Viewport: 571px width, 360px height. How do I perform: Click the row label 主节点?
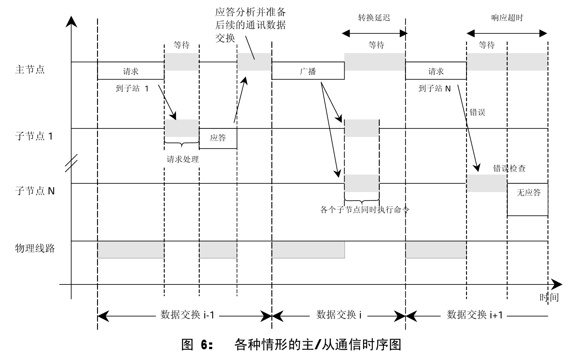tap(30, 70)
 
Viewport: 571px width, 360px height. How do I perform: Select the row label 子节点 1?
tap(34, 136)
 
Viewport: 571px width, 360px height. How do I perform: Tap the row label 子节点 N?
tap(35, 191)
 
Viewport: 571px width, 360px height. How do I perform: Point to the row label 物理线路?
tap(35, 248)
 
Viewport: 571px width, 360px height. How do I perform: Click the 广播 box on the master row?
tap(308, 71)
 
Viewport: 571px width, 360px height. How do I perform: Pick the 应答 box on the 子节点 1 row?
tap(218, 138)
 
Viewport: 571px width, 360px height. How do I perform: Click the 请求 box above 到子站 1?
tap(131, 71)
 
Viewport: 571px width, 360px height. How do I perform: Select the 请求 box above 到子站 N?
tap(436, 71)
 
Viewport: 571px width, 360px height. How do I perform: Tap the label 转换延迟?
tap(374, 18)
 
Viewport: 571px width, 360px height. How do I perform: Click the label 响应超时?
tap(507, 18)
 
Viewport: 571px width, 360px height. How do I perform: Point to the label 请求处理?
tap(183, 160)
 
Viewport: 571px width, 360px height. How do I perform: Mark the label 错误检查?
tap(509, 169)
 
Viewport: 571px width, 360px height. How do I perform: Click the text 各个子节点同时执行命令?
tap(364, 210)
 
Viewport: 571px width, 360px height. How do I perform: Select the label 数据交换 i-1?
tap(187, 315)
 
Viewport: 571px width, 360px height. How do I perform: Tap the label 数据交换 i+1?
tap(475, 315)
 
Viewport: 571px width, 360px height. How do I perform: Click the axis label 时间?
tap(549, 298)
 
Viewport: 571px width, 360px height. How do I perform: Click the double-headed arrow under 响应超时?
tap(507, 33)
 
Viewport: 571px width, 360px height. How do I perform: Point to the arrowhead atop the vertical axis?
tap(71, 21)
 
